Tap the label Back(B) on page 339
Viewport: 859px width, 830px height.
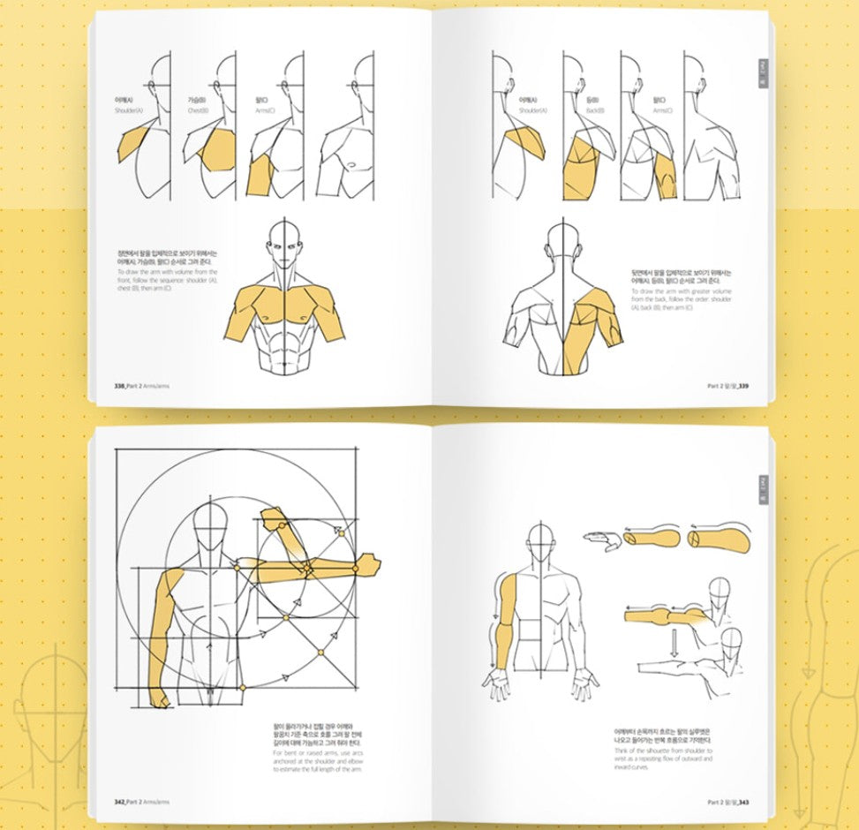pos(593,111)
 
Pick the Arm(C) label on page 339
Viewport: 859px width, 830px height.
pos(661,111)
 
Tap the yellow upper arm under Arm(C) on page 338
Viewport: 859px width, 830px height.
pos(262,173)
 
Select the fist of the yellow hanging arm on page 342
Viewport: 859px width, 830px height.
pos(159,697)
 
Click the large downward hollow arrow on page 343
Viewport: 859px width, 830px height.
pos(673,641)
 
